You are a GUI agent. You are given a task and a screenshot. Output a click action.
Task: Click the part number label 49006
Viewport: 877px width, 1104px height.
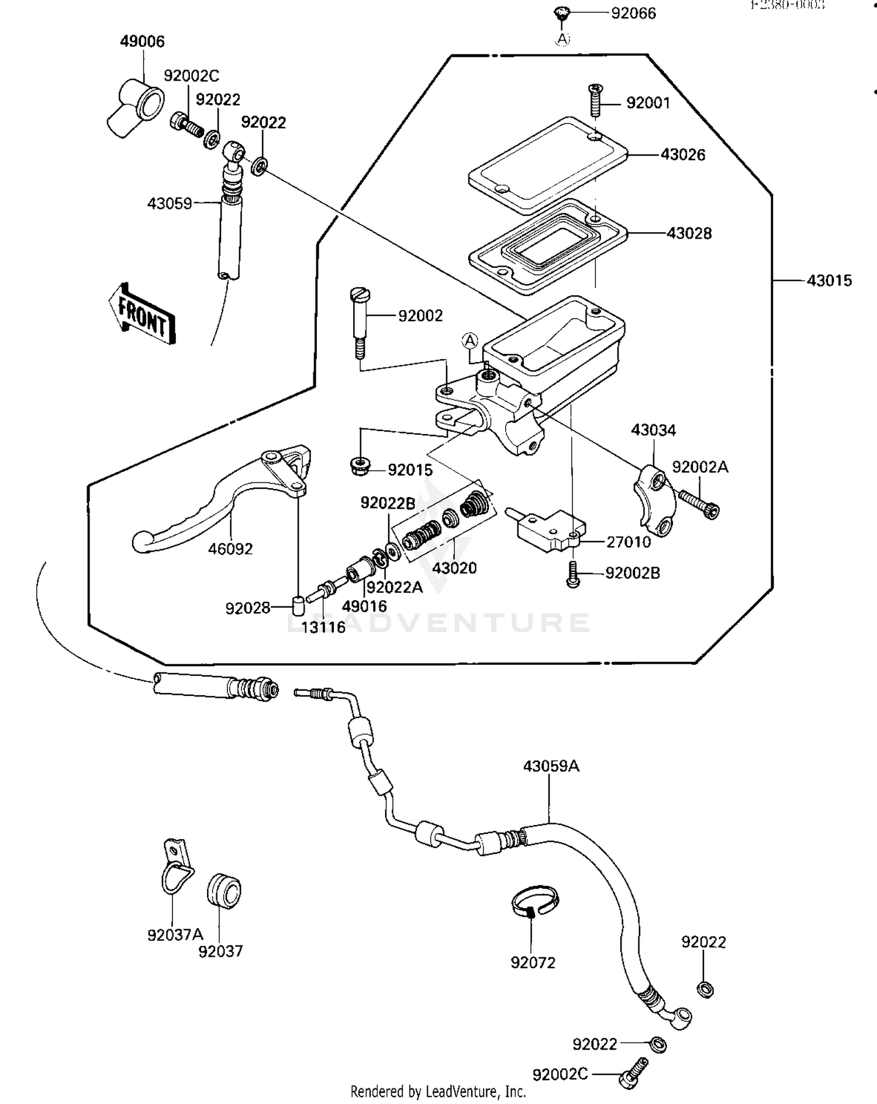[x=142, y=42]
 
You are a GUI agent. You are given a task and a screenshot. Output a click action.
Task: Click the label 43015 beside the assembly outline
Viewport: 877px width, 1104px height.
[x=829, y=281]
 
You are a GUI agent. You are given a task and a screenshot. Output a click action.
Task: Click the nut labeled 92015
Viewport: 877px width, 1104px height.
[x=358, y=467]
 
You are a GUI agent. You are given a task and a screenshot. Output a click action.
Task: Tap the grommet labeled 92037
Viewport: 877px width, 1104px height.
[x=224, y=891]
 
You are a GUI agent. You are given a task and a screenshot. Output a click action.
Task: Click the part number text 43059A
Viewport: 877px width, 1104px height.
[x=551, y=766]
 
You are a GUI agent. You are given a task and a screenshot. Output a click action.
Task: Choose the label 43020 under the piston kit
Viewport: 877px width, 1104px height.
[x=454, y=568]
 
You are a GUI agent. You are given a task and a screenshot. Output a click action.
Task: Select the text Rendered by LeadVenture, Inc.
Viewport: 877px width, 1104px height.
[x=438, y=1091]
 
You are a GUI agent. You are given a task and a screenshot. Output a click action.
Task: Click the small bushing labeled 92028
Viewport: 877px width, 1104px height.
[x=298, y=605]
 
